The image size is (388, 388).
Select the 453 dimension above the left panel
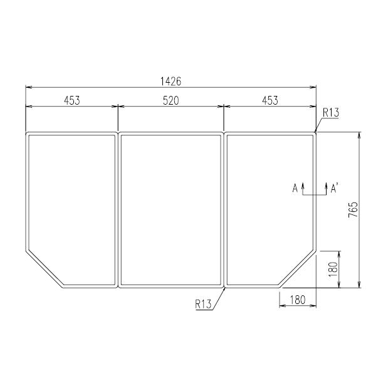click(x=71, y=100)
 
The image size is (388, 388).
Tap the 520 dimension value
click(x=170, y=100)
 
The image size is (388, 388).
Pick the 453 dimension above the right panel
click(x=270, y=100)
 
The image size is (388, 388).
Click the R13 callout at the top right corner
click(x=330, y=113)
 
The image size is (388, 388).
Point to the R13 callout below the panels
click(x=203, y=304)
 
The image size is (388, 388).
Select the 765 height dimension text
click(x=353, y=210)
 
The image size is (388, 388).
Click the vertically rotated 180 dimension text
click(x=333, y=270)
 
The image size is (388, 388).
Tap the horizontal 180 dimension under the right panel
click(x=297, y=300)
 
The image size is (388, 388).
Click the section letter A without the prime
click(x=295, y=187)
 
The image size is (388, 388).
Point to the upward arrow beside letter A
click(x=303, y=187)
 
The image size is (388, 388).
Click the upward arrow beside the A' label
click(x=326, y=187)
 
